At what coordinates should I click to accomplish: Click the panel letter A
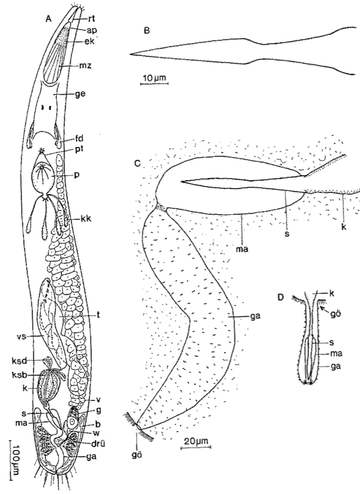(x=48, y=19)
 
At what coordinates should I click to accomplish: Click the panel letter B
(x=146, y=31)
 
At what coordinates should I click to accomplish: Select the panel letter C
(x=137, y=164)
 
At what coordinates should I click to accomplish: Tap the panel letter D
(x=281, y=297)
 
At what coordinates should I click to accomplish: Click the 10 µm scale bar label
(x=154, y=78)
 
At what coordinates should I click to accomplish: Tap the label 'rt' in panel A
(x=91, y=19)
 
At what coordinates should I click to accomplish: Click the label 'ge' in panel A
(x=81, y=94)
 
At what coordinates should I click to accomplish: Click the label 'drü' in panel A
(x=99, y=444)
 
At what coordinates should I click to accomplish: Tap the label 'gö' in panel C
(x=136, y=455)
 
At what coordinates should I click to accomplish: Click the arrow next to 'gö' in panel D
(x=325, y=310)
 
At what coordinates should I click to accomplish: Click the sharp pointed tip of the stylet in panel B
(x=130, y=54)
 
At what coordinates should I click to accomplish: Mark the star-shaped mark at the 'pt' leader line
(x=42, y=151)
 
